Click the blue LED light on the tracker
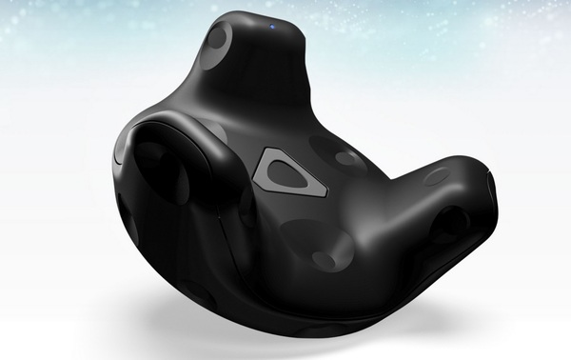click(x=272, y=27)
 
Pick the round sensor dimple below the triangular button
click(x=306, y=236)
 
